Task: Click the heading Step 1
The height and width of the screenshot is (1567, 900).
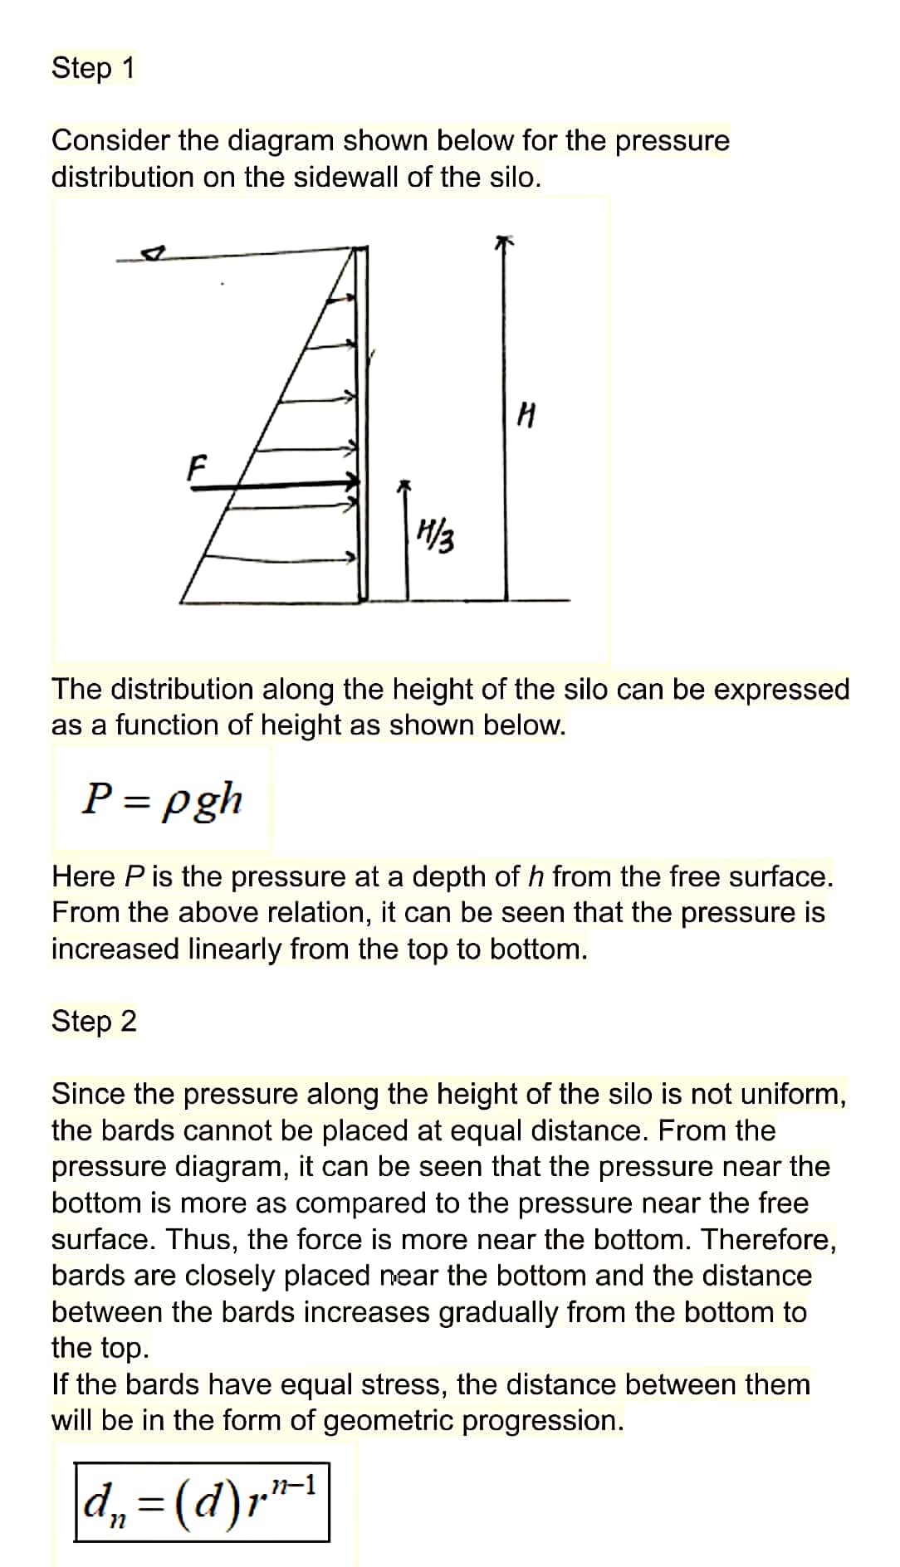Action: point(92,68)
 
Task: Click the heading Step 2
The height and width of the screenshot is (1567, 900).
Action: point(94,1021)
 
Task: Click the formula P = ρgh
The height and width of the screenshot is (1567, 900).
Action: point(162,799)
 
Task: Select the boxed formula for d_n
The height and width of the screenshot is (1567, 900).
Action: point(202,1501)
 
